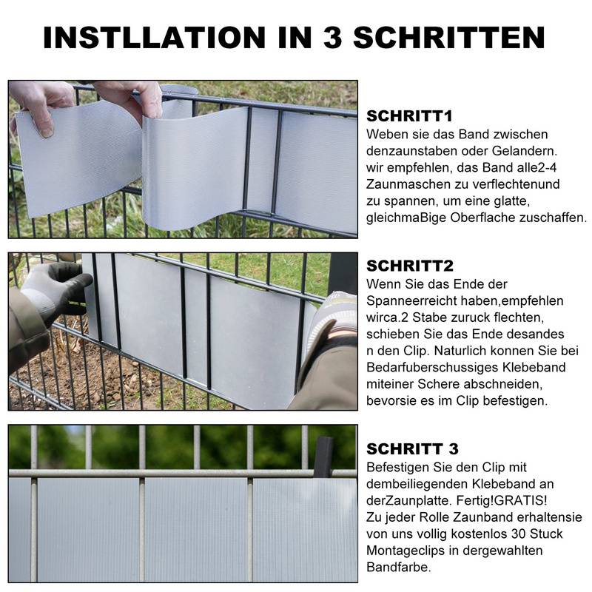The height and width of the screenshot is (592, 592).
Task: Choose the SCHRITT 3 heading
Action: pyautogui.click(x=412, y=449)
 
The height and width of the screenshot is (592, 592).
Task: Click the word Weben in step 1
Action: pyautogui.click(x=386, y=134)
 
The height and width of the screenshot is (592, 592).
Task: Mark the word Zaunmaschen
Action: pyautogui.click(x=403, y=184)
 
